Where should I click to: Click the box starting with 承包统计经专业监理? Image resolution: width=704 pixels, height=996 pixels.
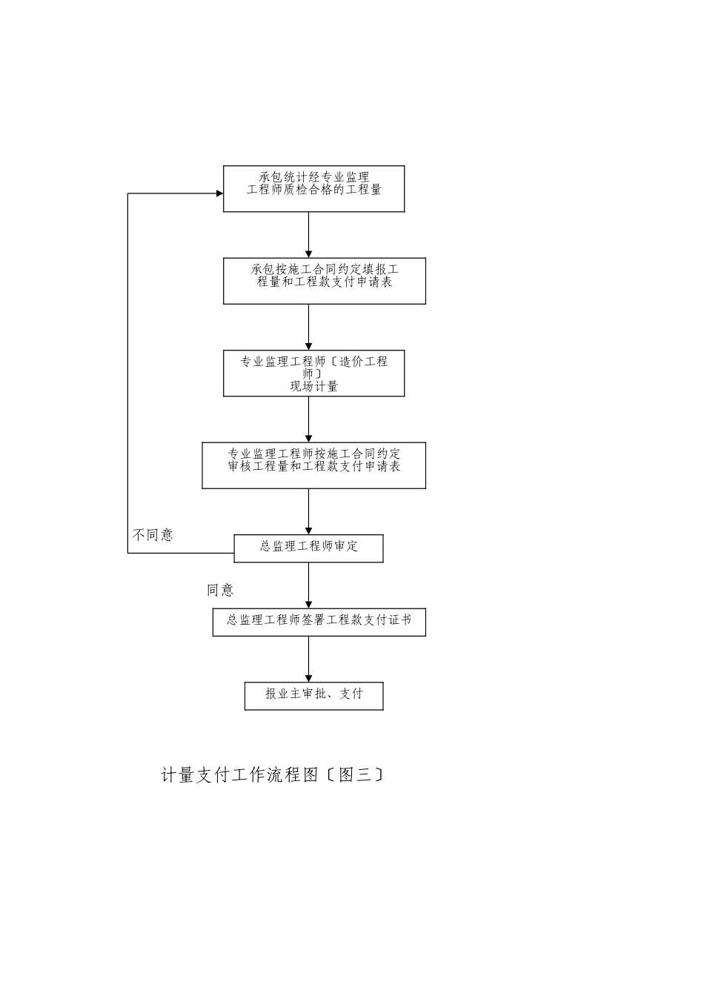[313, 188]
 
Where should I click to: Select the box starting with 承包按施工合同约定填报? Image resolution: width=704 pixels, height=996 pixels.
[324, 281]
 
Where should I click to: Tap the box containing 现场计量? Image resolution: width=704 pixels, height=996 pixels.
[313, 373]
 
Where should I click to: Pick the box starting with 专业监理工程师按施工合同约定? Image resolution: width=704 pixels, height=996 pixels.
[313, 465]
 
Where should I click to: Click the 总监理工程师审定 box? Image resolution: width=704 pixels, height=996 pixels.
[308, 548]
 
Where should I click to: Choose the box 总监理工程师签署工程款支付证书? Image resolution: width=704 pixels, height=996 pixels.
[319, 622]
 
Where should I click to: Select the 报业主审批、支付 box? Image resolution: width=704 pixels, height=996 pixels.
[313, 696]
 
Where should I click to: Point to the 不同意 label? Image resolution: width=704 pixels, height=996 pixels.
[153, 535]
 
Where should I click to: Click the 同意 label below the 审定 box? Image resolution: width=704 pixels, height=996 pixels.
[220, 591]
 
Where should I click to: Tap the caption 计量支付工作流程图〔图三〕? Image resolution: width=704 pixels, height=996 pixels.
[272, 775]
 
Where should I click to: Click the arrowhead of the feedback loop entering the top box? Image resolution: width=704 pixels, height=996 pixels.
[219, 193]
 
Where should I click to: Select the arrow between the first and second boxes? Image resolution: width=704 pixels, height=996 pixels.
[308, 235]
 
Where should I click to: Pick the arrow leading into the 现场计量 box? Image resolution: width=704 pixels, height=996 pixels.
[308, 327]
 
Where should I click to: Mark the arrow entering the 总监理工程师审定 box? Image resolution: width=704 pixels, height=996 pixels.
[308, 511]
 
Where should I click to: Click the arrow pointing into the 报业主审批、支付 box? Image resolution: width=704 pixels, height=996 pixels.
[308, 659]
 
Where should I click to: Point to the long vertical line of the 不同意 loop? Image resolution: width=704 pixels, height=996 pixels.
[128, 371]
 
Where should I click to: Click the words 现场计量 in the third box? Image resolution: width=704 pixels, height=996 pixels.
[313, 386]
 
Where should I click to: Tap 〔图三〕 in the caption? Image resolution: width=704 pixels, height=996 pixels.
[355, 775]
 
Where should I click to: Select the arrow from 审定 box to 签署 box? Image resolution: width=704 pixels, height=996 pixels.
[308, 585]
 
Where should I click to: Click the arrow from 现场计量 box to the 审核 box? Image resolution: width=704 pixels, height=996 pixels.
[308, 419]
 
